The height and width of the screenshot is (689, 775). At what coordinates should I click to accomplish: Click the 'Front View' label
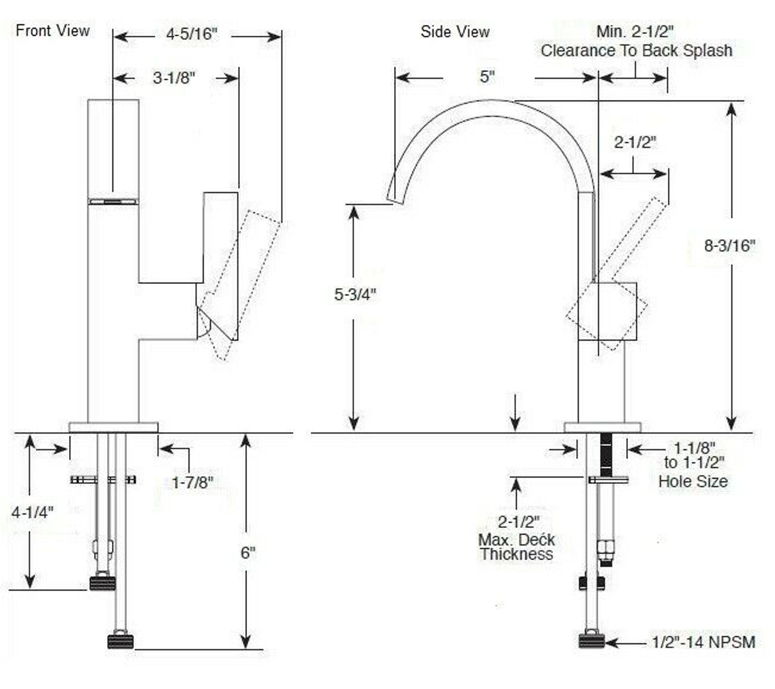tap(53, 30)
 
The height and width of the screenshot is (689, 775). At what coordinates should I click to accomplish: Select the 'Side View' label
tap(455, 32)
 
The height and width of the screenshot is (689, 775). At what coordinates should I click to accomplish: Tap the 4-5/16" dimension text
tap(191, 35)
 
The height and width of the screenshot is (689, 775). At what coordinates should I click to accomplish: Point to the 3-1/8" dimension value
tap(174, 78)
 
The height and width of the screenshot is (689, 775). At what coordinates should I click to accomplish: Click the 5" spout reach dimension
tap(487, 77)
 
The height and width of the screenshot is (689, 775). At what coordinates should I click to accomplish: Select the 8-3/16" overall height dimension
tap(730, 245)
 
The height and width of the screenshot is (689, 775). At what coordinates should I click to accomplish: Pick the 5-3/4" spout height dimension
tap(355, 294)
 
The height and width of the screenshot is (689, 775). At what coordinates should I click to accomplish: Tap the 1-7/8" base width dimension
tap(193, 483)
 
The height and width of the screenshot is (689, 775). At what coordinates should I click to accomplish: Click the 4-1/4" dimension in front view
tap(33, 512)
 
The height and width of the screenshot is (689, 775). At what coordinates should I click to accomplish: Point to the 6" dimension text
tap(248, 553)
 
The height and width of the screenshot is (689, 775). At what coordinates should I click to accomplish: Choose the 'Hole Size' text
tap(693, 482)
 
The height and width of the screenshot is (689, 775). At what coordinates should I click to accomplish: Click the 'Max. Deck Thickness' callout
tap(516, 539)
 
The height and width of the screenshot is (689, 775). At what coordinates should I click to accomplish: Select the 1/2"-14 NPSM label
tap(703, 642)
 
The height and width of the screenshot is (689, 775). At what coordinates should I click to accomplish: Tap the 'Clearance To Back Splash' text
tap(636, 51)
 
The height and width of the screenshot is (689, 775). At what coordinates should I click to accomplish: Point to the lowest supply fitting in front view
tap(120, 641)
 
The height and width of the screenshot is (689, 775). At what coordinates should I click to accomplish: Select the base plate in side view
tap(602, 427)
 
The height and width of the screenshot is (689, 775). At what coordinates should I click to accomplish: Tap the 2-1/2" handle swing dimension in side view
tap(635, 142)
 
